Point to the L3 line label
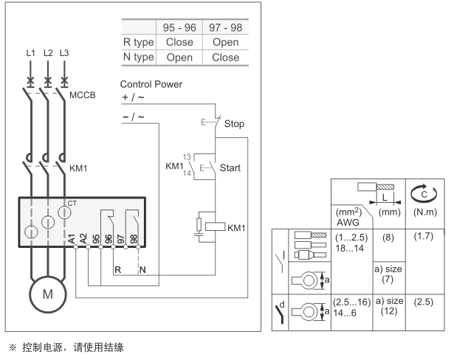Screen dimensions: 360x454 [x=66, y=53]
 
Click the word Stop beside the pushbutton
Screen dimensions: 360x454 [x=234, y=123]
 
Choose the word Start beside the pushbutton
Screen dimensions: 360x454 [x=231, y=167]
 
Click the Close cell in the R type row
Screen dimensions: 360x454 [x=179, y=42]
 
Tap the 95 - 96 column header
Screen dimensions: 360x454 [x=179, y=27]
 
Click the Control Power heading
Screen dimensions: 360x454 [x=151, y=84]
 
